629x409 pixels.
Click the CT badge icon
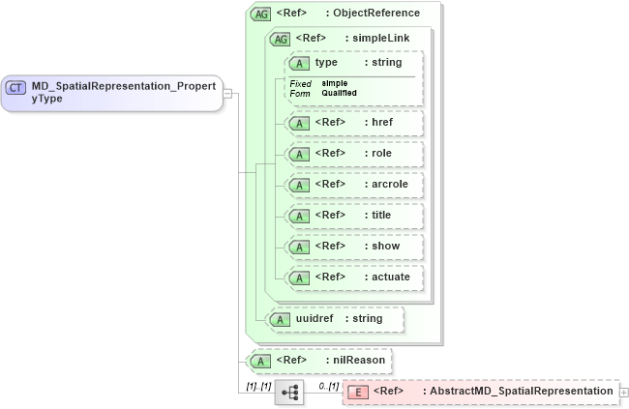click(16, 87)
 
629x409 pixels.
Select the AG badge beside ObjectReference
click(260, 14)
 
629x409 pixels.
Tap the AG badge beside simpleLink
click(280, 39)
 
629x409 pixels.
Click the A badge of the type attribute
click(300, 63)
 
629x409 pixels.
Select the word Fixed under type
click(300, 84)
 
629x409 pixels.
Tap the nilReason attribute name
click(357, 361)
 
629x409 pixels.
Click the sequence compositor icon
click(289, 392)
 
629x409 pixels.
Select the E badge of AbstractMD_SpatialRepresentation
click(358, 392)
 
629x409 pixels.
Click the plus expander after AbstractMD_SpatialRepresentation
click(623, 392)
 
